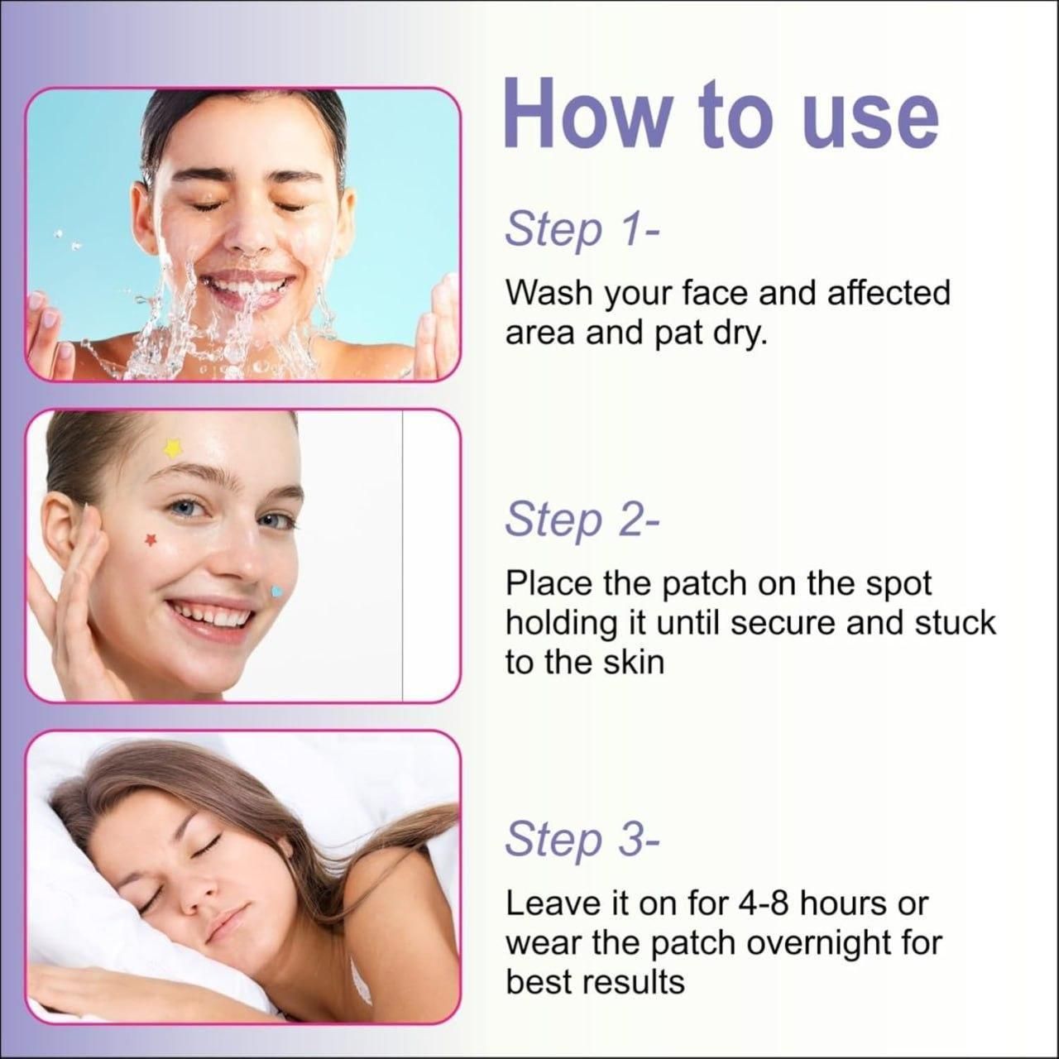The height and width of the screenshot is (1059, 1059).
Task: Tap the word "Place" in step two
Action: (549, 583)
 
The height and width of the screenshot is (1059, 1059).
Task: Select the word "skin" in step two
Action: (635, 663)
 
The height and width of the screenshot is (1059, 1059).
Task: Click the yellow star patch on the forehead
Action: (172, 448)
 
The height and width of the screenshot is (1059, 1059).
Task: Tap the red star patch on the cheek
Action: (151, 540)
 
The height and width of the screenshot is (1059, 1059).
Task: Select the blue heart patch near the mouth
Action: (277, 592)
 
